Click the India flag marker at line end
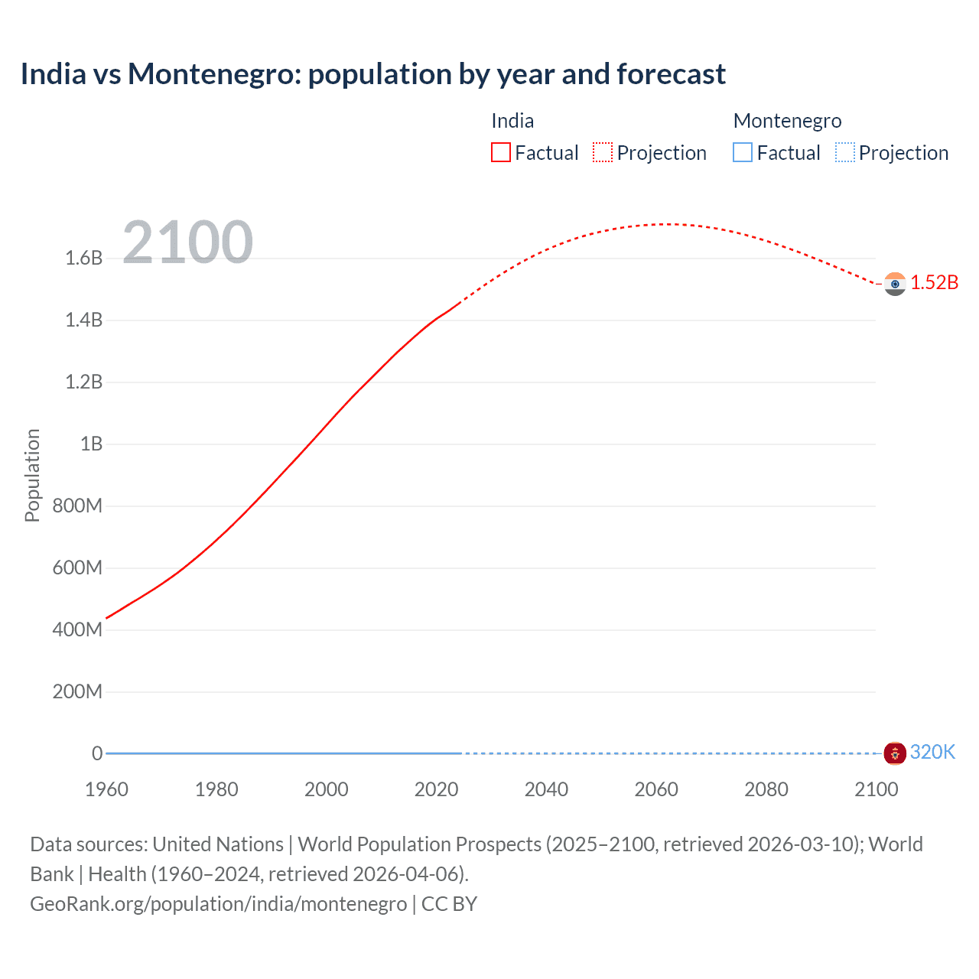coord(894,284)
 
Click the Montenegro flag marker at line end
coord(894,753)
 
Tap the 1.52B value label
coord(934,282)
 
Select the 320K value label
coord(932,752)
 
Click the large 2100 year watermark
coord(187,242)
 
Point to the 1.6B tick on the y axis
coord(84,258)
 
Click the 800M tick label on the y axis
coord(77,506)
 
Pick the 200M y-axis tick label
coord(77,691)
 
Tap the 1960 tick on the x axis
coord(106,789)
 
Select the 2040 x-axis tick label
coord(546,789)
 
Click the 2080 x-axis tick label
coord(766,789)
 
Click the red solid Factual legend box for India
coord(501,153)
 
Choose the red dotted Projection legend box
coord(603,153)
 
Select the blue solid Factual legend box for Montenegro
coord(743,153)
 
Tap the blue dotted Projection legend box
coord(844,153)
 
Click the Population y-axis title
coord(32,475)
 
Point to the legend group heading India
coord(512,121)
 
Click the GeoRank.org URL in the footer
coord(219,903)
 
